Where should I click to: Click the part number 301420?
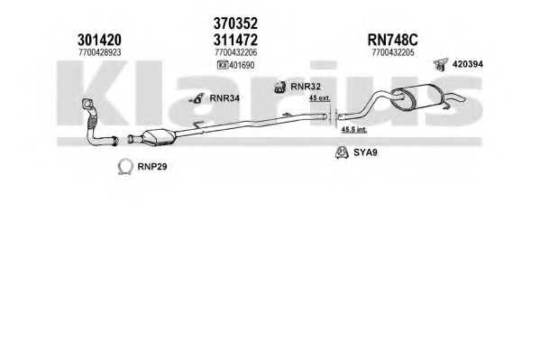tap(99, 40)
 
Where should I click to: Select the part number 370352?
tap(235, 23)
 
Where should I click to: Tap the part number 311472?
tap(235, 40)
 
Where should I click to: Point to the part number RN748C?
tap(392, 40)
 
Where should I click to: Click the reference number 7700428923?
tap(100, 52)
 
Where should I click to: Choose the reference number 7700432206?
tap(236, 52)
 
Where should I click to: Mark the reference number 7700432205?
tap(393, 52)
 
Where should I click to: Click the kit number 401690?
tap(242, 65)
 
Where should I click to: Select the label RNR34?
tap(224, 98)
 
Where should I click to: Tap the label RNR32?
tap(306, 87)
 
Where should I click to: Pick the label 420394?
tap(468, 64)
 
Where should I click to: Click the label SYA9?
tap(365, 152)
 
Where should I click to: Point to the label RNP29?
tap(152, 167)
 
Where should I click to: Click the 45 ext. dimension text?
tap(320, 98)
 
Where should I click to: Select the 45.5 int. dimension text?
tap(354, 130)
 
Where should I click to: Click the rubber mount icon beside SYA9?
tap(342, 153)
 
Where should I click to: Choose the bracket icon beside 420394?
tap(441, 64)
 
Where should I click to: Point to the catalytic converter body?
tap(160, 137)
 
